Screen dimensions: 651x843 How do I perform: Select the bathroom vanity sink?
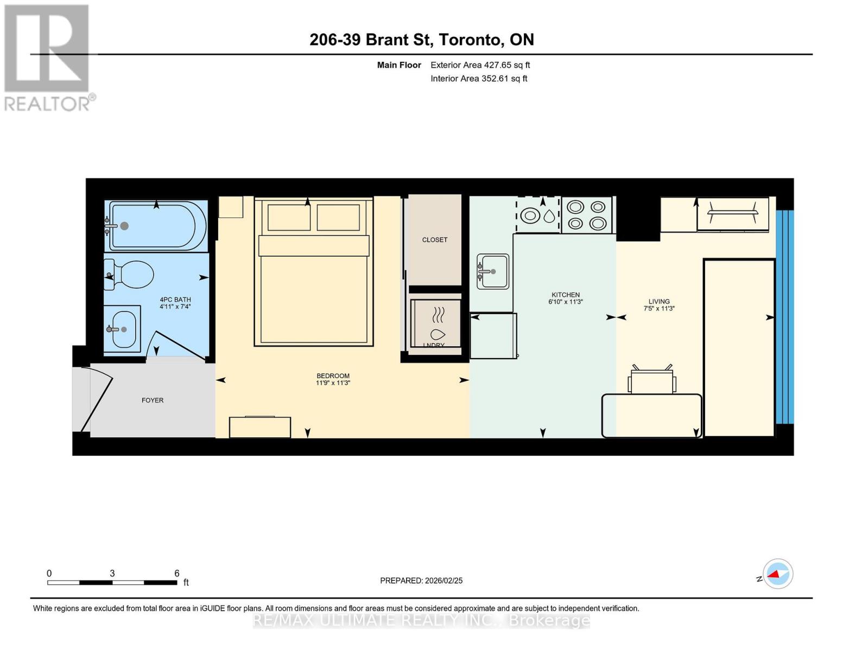click(x=123, y=329)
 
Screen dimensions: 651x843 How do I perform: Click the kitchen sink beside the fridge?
click(x=493, y=271)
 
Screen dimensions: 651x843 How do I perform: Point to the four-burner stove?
click(x=587, y=215)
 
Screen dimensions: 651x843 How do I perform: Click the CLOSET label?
click(x=435, y=240)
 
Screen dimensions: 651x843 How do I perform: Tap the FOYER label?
click(x=153, y=400)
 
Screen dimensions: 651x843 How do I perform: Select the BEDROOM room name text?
click(x=333, y=376)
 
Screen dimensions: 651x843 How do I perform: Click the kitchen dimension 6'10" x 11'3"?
click(x=565, y=302)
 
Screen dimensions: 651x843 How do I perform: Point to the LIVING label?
click(x=659, y=302)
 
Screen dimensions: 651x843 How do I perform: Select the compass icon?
click(x=777, y=573)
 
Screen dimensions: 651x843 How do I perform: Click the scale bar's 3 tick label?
click(x=112, y=573)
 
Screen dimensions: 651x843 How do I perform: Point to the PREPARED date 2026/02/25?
click(x=421, y=580)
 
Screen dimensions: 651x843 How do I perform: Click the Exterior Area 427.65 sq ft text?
click(x=480, y=65)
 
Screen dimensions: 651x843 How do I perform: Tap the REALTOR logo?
click(x=48, y=58)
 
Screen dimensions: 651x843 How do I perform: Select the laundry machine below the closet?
click(x=436, y=323)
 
